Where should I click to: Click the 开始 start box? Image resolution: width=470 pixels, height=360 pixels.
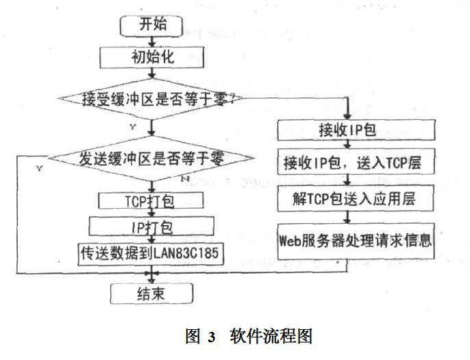(x=150, y=25)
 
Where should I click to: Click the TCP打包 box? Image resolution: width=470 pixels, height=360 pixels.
(x=151, y=201)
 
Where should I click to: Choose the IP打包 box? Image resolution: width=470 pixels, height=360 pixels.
(x=151, y=225)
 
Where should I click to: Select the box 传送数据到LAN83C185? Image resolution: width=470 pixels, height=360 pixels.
(x=151, y=251)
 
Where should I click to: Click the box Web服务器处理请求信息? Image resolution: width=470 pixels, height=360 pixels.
(x=356, y=240)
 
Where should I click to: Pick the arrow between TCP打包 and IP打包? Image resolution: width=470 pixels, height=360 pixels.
(x=151, y=213)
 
